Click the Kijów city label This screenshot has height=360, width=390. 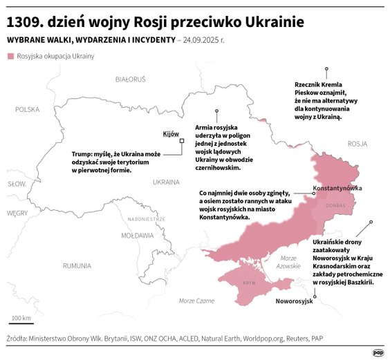click(171, 133)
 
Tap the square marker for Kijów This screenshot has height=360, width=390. click(182, 141)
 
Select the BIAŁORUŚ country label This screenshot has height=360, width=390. click(130, 79)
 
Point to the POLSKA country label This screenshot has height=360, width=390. click(28, 109)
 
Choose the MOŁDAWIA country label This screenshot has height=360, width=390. click(137, 235)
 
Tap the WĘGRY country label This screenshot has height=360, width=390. click(17, 214)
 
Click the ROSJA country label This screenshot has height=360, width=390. click(357, 144)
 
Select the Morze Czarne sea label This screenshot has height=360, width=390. click(196, 301)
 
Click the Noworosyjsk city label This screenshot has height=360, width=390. click(294, 302)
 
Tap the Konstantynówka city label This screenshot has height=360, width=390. click(337, 188)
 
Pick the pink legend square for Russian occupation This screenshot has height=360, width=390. click(10, 55)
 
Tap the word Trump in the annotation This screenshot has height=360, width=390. click(84, 153)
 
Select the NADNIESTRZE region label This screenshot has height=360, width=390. click(146, 218)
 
